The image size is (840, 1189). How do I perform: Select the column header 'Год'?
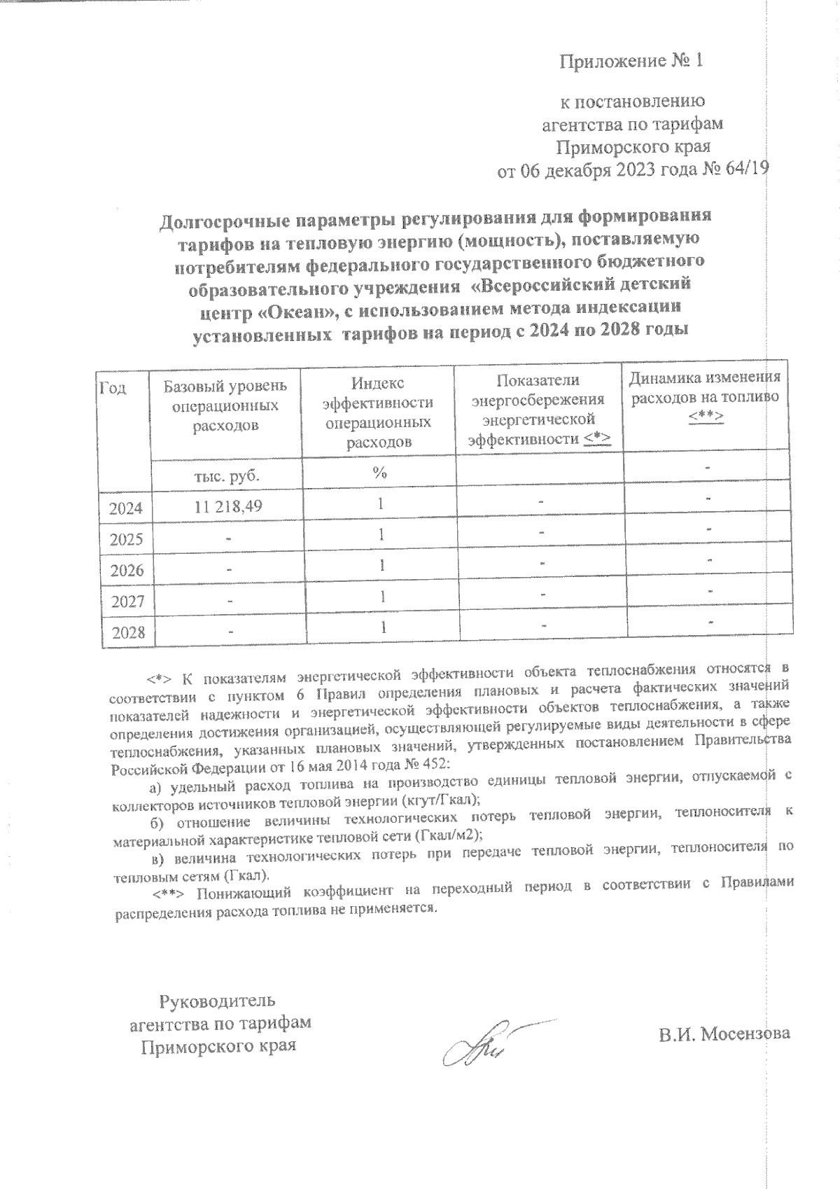tap(113, 387)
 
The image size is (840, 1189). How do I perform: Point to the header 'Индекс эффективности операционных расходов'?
tap(379, 412)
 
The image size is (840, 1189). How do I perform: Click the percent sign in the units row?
tap(379, 473)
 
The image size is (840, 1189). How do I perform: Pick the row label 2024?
tap(125, 508)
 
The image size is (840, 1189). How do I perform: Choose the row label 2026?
tap(127, 571)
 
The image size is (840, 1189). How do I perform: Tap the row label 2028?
tap(127, 633)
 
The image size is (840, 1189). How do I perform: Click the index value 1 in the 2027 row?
tap(381, 597)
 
